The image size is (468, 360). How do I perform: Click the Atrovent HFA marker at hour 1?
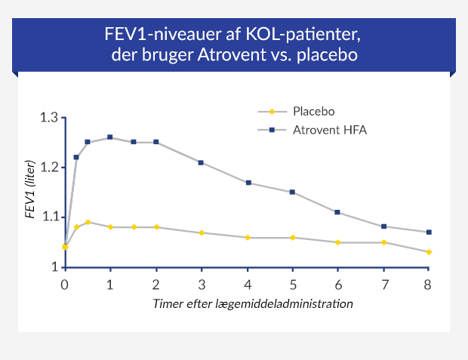point(110,137)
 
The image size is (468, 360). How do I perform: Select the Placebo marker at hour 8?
point(429,251)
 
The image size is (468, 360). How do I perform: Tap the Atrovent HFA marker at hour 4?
point(248,183)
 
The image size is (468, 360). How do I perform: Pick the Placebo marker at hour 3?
point(202,232)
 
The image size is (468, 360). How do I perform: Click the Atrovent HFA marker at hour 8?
point(429,232)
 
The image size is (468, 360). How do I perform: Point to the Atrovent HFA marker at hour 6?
point(337,212)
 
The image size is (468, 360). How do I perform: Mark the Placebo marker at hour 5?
point(292,238)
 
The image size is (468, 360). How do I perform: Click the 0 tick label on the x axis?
point(65,285)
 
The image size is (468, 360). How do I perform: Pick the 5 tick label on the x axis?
point(292,285)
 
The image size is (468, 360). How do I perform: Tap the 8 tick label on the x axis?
point(429,285)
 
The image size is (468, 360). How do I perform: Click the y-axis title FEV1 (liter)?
point(31,190)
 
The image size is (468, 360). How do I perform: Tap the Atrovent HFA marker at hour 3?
point(202,162)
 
